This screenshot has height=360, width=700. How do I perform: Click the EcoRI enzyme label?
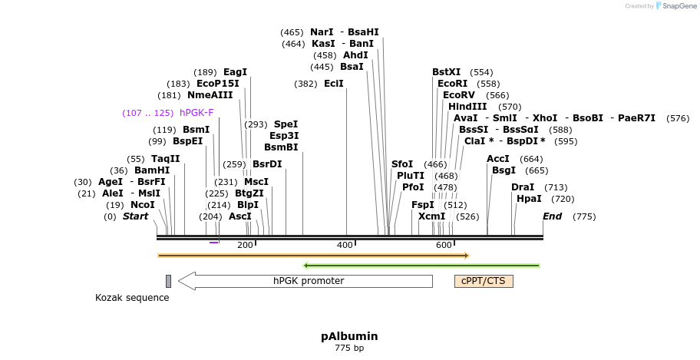pyautogui.click(x=452, y=84)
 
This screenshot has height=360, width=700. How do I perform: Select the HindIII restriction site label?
pyautogui.click(x=467, y=107)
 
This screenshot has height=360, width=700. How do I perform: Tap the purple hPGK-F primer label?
pyautogui.click(x=196, y=113)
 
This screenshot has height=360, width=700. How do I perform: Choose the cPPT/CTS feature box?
pyautogui.click(x=484, y=281)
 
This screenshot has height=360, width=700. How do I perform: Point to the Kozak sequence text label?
pyautogui.click(x=132, y=298)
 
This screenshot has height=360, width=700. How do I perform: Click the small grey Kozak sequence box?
pyautogui.click(x=168, y=281)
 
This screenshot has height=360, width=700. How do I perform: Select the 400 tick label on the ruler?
pyautogui.click(x=345, y=245)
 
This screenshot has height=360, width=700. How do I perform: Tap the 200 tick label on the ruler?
pyautogui.click(x=245, y=245)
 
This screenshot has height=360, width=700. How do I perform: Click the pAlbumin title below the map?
pyautogui.click(x=349, y=336)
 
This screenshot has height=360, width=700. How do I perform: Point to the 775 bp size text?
pyautogui.click(x=349, y=348)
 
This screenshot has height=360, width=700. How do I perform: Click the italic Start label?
pyautogui.click(x=135, y=216)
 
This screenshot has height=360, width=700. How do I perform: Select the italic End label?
pyautogui.click(x=552, y=216)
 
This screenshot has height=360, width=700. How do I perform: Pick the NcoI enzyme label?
pyautogui.click(x=142, y=205)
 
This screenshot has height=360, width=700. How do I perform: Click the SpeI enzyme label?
pyautogui.click(x=286, y=124)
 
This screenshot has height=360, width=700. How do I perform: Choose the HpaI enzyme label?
pyautogui.click(x=529, y=199)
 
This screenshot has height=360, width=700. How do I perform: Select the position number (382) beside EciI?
pyautogui.click(x=305, y=84)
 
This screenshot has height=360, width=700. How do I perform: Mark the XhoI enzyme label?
pyautogui.click(x=544, y=118)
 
